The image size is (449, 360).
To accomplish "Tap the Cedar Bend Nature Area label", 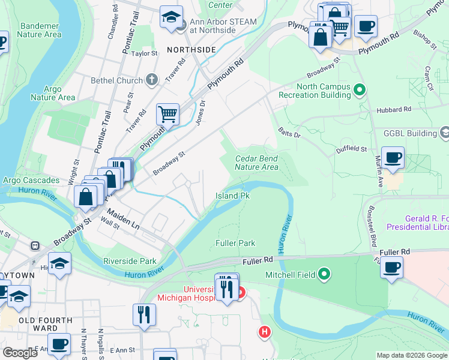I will click(x=256, y=163).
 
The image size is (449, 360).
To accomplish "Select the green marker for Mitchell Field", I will click(x=325, y=275).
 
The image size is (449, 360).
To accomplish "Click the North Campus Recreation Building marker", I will click(x=360, y=91).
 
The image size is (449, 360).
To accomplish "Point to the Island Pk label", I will click(x=232, y=196).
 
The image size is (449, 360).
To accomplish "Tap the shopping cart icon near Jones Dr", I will click(x=168, y=113).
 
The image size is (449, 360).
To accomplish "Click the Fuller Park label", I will click(x=235, y=243).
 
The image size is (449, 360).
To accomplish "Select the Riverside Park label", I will click(x=130, y=261).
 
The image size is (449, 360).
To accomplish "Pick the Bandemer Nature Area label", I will click(x=40, y=30).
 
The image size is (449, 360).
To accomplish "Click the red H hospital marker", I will click(x=264, y=331).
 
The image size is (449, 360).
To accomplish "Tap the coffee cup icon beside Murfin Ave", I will click(x=393, y=158).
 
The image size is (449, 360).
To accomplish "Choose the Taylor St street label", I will click(x=144, y=53).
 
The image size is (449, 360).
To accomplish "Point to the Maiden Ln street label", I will click(x=124, y=218).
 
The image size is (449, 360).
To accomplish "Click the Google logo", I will click(x=20, y=353).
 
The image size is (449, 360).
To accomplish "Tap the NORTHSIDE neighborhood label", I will click(x=191, y=50).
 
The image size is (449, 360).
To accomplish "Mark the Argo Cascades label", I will click(x=31, y=181).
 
